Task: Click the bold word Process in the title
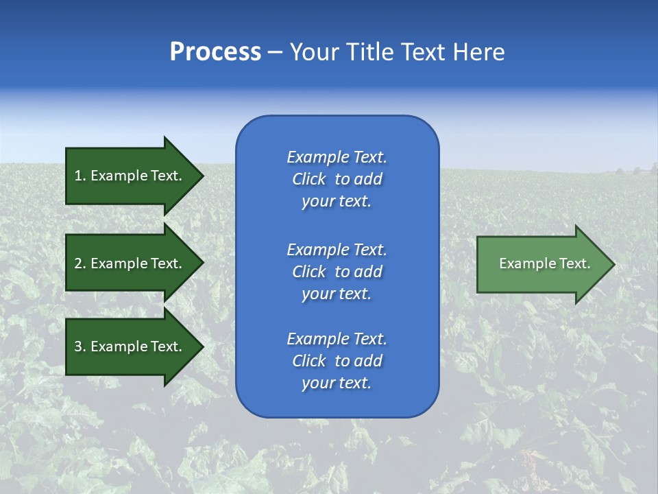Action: pos(215,52)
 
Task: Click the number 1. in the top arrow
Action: pos(80,176)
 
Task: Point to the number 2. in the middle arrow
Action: pos(80,263)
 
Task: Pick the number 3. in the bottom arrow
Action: pos(80,346)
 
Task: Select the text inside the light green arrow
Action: pos(545,263)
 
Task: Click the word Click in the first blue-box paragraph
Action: pos(309,180)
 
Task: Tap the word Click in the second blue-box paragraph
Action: pos(309,272)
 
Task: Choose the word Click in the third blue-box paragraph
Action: pos(309,361)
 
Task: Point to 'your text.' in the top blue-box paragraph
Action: pos(337,202)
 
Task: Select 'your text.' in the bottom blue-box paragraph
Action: pos(337,384)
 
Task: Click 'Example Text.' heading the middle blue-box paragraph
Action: pos(337,250)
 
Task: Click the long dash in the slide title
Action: pos(275,53)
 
